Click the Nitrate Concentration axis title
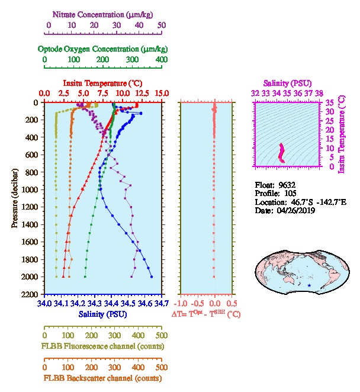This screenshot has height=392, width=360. point(105,13)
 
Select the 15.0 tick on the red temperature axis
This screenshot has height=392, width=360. point(162,94)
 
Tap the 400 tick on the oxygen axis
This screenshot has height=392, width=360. point(161,59)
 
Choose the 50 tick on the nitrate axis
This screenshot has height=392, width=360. point(162,25)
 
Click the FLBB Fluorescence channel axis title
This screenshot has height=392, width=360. point(102,346)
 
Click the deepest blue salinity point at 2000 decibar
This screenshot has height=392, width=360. point(152,277)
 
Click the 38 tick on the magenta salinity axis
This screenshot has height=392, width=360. point(319,94)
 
